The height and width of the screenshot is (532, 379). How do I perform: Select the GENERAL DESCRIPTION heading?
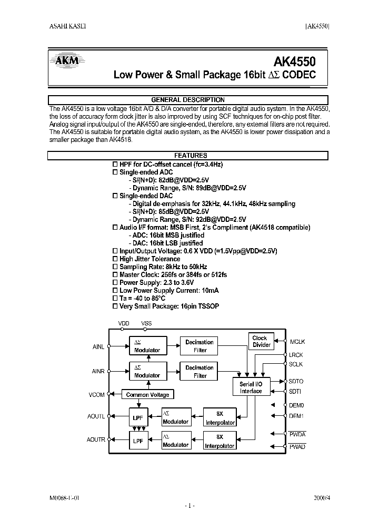point(187,100)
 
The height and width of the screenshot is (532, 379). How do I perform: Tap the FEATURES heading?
point(187,156)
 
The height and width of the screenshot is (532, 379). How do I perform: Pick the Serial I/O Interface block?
point(251,387)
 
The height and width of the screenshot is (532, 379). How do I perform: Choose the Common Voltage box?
point(147,395)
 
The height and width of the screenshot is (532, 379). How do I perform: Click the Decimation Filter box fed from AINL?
point(200,346)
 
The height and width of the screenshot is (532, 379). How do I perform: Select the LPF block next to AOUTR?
point(138,441)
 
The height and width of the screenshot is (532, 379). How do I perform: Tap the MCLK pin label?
point(297,342)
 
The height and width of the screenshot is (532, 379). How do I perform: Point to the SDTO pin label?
point(296,381)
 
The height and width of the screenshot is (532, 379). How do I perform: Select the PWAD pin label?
point(297,446)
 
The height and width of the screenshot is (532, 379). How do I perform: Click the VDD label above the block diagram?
point(124,323)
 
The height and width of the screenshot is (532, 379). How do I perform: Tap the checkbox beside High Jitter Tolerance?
point(116,259)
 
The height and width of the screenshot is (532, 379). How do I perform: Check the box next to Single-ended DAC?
point(116,196)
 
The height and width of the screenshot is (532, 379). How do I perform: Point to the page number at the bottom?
point(189,506)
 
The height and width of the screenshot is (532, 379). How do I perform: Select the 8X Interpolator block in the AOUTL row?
point(220,418)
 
